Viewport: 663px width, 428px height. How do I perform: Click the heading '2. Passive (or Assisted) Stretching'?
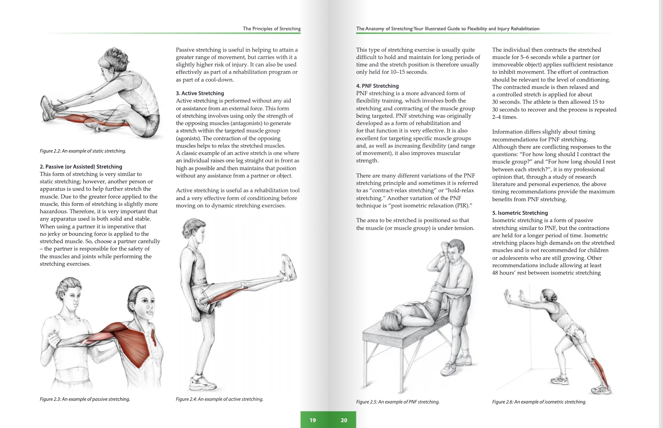81,167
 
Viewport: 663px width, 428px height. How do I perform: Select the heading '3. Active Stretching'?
200,93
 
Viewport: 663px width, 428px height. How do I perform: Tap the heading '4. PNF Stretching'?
377,86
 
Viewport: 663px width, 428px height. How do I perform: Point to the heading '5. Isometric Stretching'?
520,213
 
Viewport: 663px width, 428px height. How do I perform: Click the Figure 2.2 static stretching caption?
83,151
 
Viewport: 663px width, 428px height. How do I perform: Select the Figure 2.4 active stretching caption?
219,399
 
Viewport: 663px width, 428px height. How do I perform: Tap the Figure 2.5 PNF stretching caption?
398,402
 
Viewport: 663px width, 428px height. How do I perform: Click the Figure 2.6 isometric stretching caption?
539,402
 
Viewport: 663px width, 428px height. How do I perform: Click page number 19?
313,420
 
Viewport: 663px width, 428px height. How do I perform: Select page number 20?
344,420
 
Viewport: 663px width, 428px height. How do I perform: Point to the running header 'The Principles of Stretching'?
272,29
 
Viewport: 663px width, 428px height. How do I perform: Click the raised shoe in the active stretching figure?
288,268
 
